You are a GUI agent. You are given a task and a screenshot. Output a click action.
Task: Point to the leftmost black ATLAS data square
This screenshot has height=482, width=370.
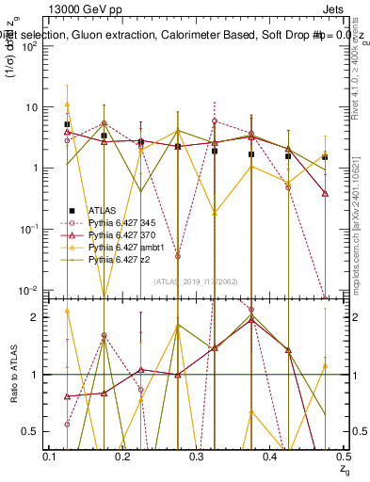67,124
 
